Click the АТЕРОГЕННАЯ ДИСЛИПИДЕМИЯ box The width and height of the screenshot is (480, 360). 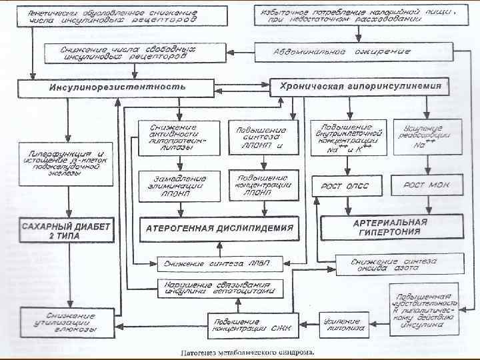(219, 228)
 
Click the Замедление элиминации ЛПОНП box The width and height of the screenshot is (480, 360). (178, 184)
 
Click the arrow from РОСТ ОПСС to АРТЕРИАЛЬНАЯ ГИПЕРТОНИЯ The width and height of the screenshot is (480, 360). (345, 206)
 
